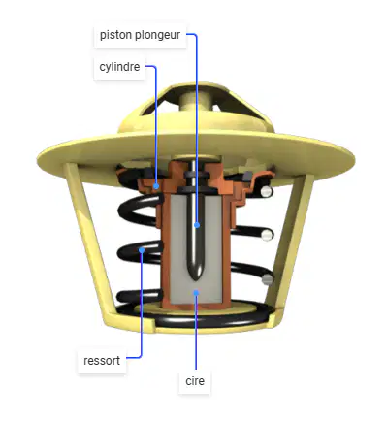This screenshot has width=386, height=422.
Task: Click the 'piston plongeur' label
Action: tap(140, 35)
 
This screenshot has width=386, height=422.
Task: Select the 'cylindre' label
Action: tap(119, 67)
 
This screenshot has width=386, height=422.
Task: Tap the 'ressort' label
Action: tap(102, 361)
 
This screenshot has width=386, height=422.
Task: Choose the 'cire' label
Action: tap(195, 381)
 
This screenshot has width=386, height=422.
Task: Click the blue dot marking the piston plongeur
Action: tap(197, 225)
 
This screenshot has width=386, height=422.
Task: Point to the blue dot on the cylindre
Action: tap(156, 186)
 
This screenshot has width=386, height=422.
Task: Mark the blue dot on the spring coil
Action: tap(142, 250)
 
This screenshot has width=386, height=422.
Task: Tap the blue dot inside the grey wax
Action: tap(196, 293)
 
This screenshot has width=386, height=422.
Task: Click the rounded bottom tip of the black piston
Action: tap(196, 277)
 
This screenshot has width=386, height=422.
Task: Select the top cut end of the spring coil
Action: tap(266, 192)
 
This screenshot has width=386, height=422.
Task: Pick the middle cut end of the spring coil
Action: tap(267, 235)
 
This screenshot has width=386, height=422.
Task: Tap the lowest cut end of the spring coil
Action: tap(267, 279)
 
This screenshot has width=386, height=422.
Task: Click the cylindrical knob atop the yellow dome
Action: tap(196, 101)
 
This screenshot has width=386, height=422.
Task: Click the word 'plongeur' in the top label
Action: tap(158, 35)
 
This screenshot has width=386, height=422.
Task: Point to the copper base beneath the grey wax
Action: tap(196, 306)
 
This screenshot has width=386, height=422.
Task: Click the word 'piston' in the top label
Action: tap(116, 35)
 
